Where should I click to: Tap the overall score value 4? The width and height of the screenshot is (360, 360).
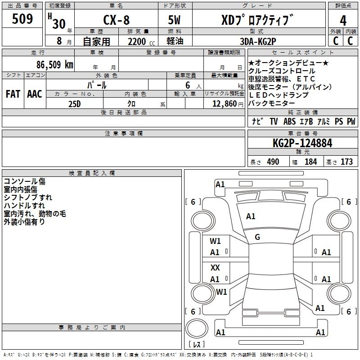coord(343,20)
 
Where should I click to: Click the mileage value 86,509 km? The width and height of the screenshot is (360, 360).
coord(52,64)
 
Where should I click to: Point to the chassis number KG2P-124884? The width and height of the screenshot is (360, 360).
coord(302,144)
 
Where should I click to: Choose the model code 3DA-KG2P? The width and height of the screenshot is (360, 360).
coord(259,41)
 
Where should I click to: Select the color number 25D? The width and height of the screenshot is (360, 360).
coord(74,103)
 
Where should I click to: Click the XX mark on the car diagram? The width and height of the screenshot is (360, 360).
coord(215,267)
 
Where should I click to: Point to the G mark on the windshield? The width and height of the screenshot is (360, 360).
coord(257,237)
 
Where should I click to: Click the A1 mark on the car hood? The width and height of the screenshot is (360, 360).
coord(251,216)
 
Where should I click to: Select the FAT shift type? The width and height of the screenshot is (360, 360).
coord(13,94)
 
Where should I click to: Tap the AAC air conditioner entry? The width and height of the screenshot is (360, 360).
coord(35,94)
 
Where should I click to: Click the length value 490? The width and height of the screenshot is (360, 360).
coord(273,162)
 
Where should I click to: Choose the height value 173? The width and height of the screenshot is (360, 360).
coord(346,162)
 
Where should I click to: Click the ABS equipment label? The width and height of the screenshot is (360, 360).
coord(289,121)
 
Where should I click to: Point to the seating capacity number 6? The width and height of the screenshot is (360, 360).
coord(186,85)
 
